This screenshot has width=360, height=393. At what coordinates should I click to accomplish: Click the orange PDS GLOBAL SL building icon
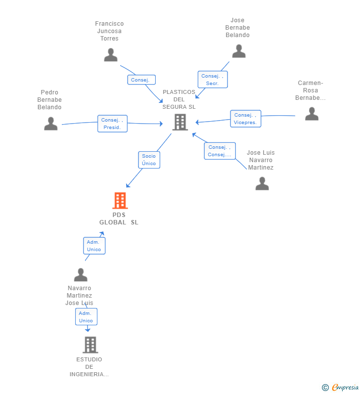pyautogui.click(x=120, y=201)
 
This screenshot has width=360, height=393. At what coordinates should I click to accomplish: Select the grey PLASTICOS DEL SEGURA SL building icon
pyautogui.click(x=180, y=122)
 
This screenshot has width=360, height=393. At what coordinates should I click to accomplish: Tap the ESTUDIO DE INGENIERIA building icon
pyautogui.click(x=90, y=345)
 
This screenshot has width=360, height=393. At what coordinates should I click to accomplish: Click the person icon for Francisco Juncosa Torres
pyautogui.click(x=111, y=55)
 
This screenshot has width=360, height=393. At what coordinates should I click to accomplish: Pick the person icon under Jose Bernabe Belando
pyautogui.click(x=239, y=51)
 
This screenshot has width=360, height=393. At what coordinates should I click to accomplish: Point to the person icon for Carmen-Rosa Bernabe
pyautogui.click(x=312, y=114)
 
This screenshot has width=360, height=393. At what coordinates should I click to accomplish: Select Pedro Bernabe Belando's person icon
pyautogui.click(x=51, y=124)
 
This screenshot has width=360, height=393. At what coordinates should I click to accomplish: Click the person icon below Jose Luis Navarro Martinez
pyautogui.click(x=262, y=183)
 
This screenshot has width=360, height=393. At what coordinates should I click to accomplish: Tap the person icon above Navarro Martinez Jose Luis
pyautogui.click(x=81, y=275)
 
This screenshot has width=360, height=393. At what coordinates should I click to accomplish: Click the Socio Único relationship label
pyautogui.click(x=149, y=160)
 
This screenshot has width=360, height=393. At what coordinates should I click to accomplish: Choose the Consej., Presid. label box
pyautogui.click(x=112, y=124)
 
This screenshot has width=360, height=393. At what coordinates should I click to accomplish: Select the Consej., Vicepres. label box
pyautogui.click(x=245, y=119)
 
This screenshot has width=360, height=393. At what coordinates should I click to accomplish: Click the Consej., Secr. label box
pyautogui.click(x=213, y=80)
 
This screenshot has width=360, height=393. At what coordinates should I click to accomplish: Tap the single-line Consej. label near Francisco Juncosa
pyautogui.click(x=141, y=80)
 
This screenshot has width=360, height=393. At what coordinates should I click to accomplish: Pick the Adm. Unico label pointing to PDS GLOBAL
pyautogui.click(x=94, y=246)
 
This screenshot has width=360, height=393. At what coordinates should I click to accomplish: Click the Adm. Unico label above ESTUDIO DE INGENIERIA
pyautogui.click(x=86, y=317)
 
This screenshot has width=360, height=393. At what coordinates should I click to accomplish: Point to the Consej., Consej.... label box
pyautogui.click(x=220, y=151)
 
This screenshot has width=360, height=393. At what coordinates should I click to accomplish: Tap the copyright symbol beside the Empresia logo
pyautogui.click(x=325, y=388)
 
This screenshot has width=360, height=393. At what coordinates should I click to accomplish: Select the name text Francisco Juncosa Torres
pyautogui.click(x=109, y=31)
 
